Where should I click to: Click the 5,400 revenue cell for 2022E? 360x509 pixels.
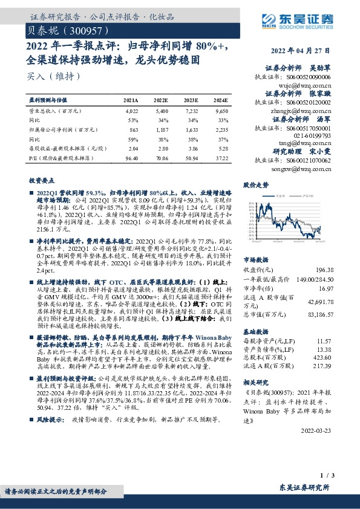(162, 112)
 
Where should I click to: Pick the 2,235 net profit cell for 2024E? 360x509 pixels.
(221, 129)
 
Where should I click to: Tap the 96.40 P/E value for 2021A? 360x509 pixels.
(131, 157)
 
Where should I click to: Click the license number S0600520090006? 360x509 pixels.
(309, 77)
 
